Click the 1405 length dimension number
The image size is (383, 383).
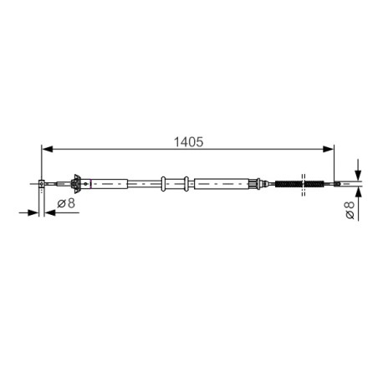pyautogui.click(x=189, y=142)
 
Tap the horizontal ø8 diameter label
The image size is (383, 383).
pyautogui.click(x=66, y=203)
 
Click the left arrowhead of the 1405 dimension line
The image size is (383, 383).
pyautogui.click(x=47, y=149)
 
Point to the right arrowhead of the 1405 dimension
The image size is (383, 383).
pyautogui.click(x=328, y=149)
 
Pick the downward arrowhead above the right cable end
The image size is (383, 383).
pyautogui.click(x=358, y=175)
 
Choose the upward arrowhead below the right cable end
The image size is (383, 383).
pyautogui.click(x=358, y=192)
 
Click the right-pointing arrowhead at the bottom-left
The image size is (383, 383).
pyautogui.click(x=33, y=212)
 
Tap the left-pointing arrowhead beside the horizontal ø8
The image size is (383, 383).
pyautogui.click(x=50, y=212)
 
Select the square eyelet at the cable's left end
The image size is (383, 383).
pyautogui.click(x=41, y=184)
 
